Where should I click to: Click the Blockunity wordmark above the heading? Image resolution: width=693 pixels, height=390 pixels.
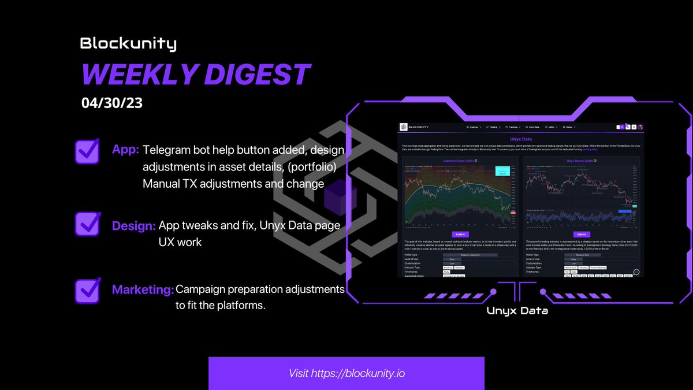point(128,43)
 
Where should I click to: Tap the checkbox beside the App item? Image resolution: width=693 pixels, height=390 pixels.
point(87,151)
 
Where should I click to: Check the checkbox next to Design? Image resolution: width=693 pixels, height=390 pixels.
point(87,224)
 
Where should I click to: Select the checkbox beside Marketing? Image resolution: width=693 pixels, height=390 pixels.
point(87,290)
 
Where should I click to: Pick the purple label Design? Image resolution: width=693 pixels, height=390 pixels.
point(133,226)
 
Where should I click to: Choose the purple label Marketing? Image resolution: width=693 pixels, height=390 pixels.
point(143,289)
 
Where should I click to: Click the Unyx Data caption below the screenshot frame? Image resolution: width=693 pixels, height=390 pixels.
point(517,311)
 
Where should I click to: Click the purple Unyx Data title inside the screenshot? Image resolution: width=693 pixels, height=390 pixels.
point(520,139)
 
